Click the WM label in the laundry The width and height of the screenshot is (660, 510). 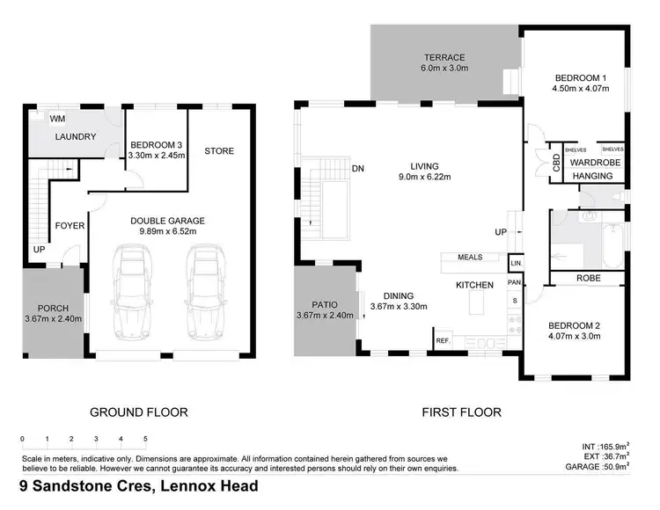click(x=57, y=119)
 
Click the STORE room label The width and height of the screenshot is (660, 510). click(x=219, y=150)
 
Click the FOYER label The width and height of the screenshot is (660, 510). click(x=70, y=226)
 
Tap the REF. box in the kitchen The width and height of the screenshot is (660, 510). click(x=442, y=339)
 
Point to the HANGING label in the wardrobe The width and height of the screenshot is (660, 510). click(x=592, y=176)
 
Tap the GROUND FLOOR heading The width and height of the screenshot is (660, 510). click(x=139, y=412)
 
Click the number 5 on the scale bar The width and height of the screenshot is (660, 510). click(x=145, y=438)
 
